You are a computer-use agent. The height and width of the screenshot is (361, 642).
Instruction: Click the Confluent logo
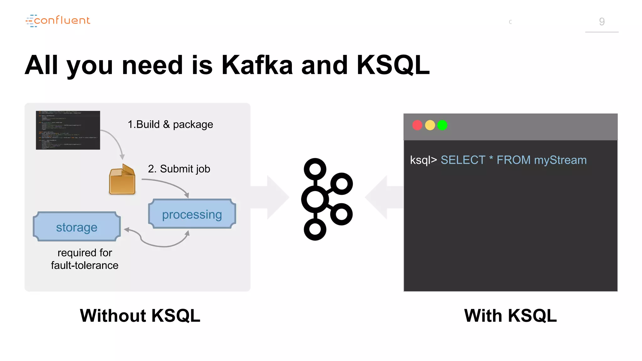tap(58, 21)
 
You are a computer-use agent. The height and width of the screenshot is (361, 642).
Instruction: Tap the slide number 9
tap(602, 22)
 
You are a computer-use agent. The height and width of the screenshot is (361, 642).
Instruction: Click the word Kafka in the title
tap(257, 65)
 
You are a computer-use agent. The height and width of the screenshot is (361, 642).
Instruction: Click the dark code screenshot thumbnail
tap(68, 130)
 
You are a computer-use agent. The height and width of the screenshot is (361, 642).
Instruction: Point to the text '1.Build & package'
tap(170, 124)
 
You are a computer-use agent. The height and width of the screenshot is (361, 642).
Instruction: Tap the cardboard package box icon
tap(122, 180)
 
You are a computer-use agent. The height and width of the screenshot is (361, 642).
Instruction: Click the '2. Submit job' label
tap(179, 169)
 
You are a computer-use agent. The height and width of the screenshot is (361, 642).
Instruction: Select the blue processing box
tap(192, 214)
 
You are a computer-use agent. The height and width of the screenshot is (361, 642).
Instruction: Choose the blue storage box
tap(77, 227)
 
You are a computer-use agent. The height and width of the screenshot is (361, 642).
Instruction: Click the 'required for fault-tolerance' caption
tap(85, 259)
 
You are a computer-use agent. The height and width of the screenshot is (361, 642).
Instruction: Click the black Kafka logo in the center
tap(326, 199)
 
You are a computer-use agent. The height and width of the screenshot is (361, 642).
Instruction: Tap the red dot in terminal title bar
tap(417, 125)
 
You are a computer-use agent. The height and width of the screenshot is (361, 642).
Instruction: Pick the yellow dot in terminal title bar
tap(430, 125)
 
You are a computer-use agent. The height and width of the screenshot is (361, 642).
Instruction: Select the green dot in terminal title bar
tap(442, 125)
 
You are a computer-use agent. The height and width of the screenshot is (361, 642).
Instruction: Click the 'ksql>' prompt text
tap(423, 160)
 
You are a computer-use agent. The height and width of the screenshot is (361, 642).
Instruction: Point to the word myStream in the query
tap(560, 160)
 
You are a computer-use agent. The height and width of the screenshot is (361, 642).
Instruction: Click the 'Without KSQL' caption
tap(140, 316)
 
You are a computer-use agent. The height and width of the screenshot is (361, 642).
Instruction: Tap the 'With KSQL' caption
tap(510, 316)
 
